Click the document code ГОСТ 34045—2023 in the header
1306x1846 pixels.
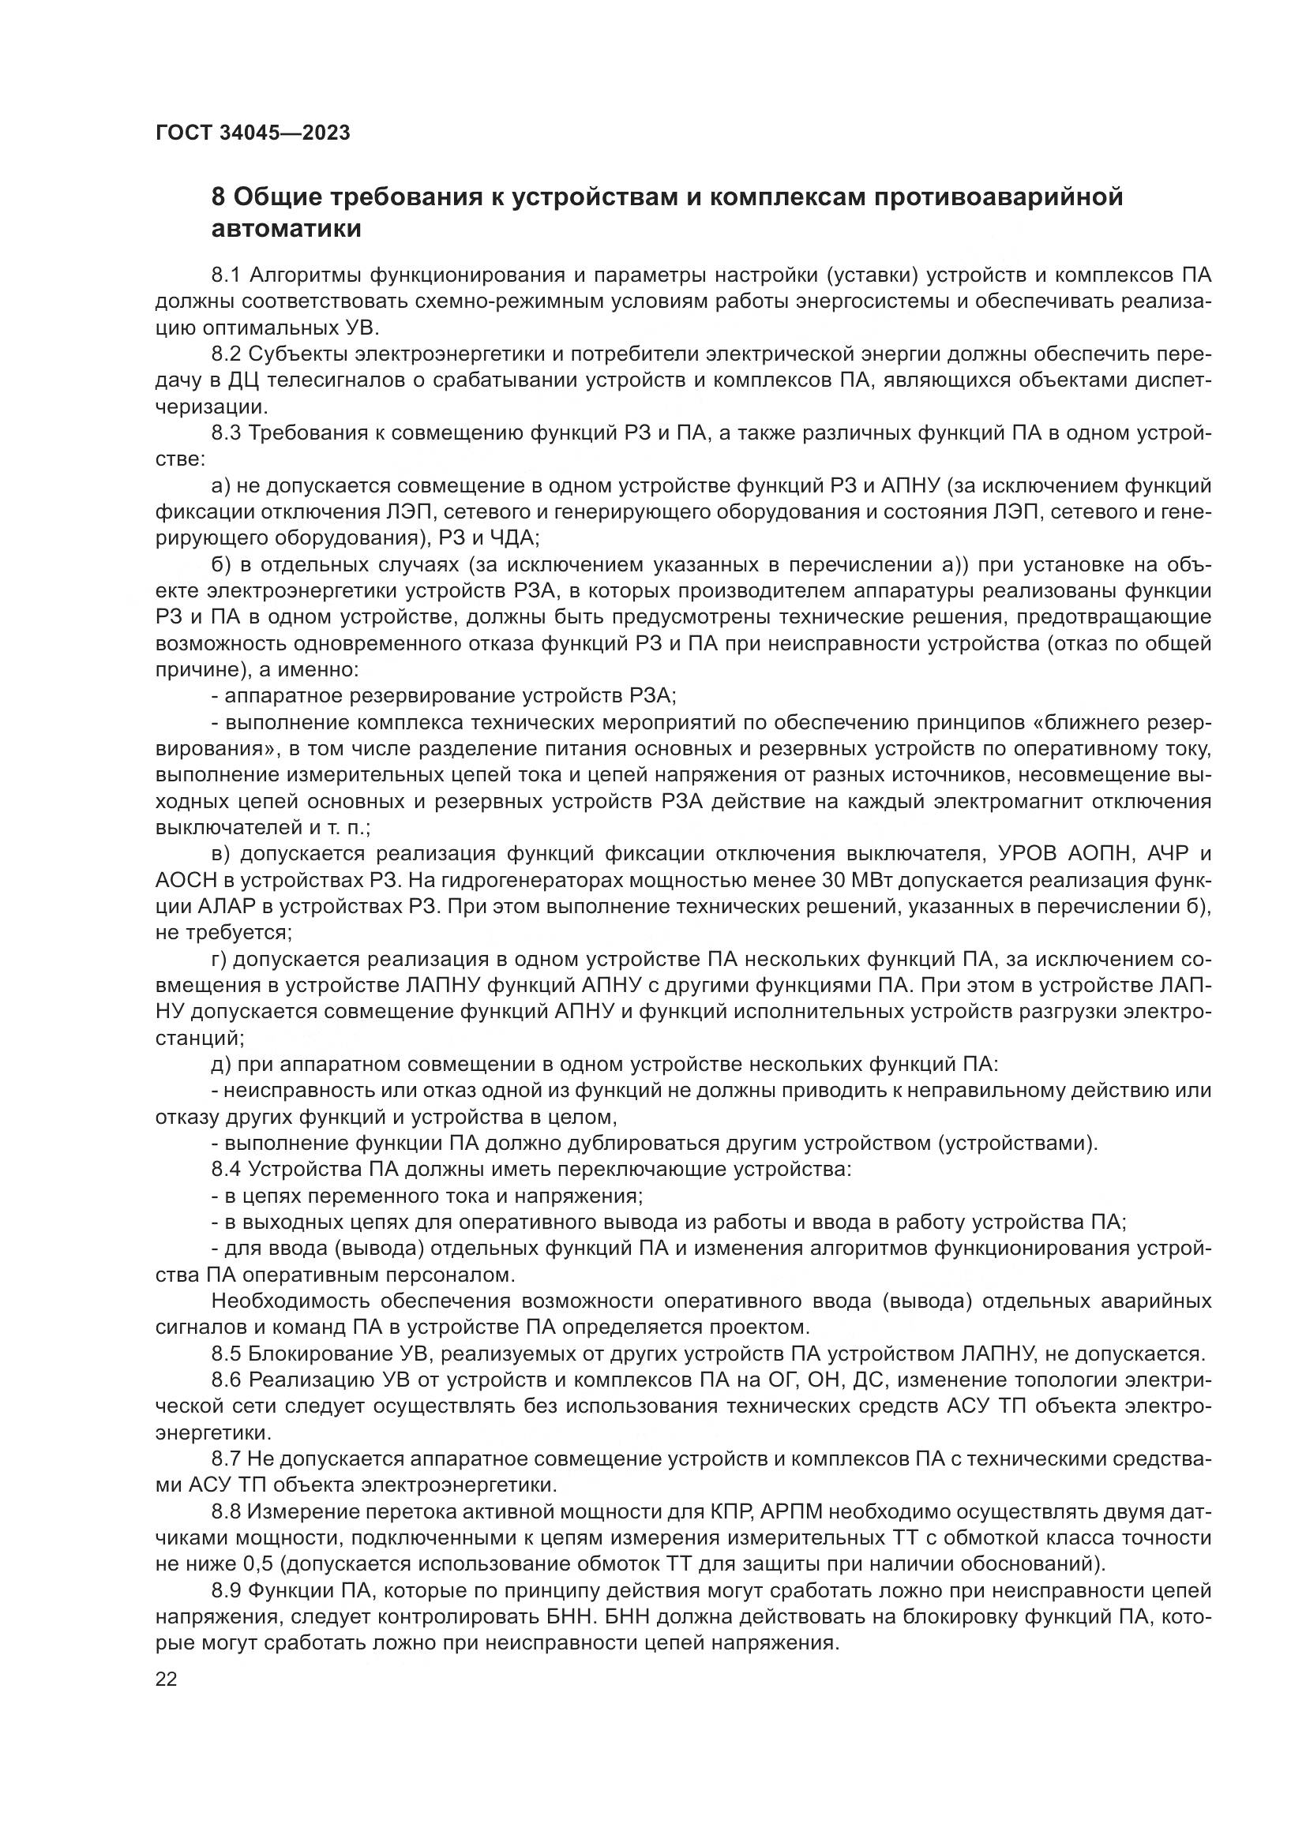[253, 133]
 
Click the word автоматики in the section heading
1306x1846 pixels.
[286, 229]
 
